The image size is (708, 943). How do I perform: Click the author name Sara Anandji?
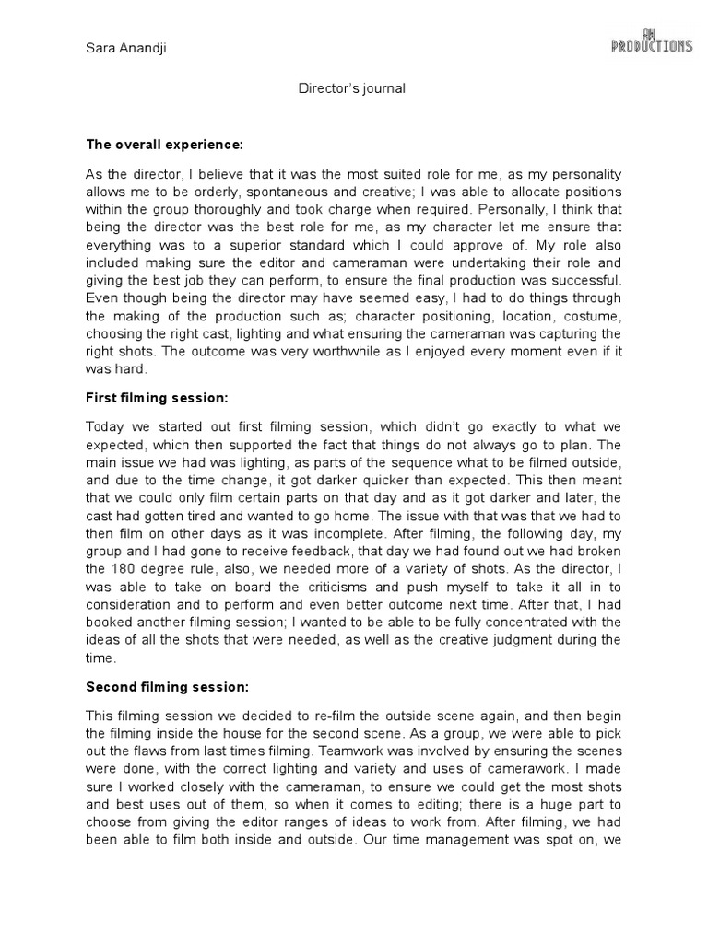[122, 48]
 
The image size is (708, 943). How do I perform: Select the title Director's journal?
[353, 89]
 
